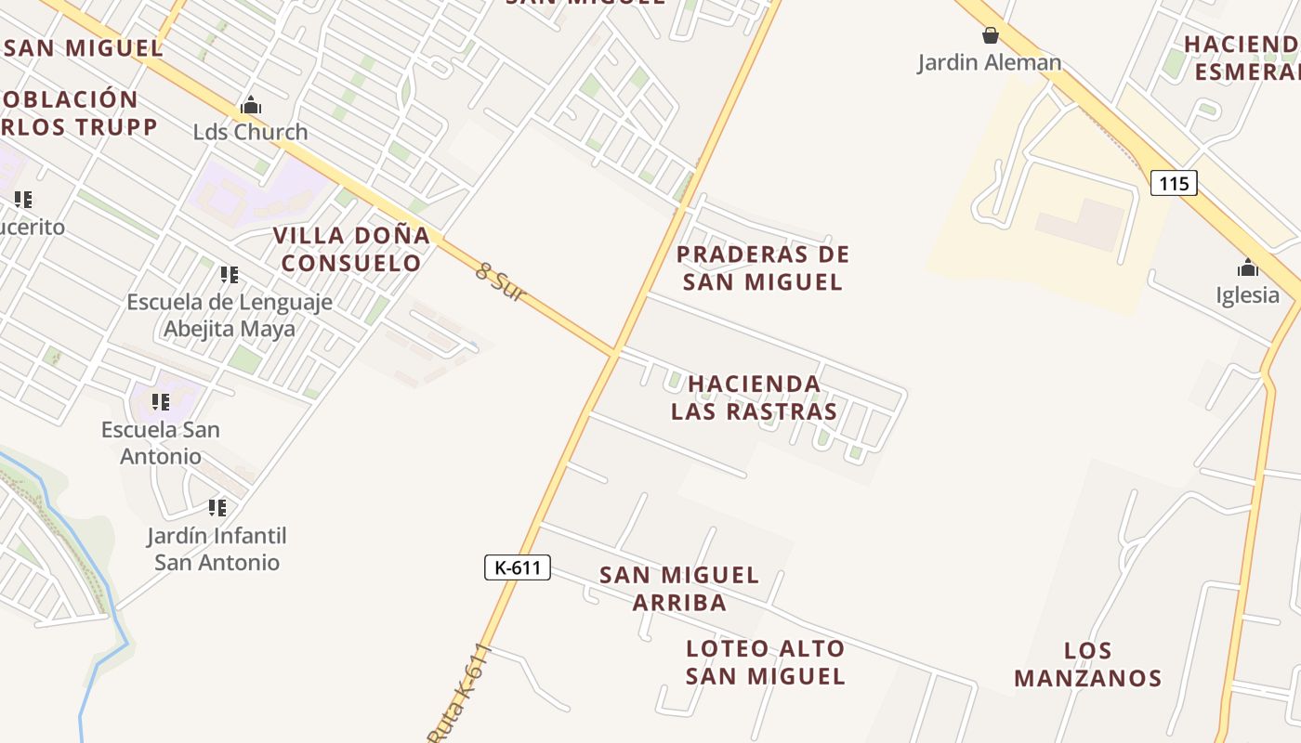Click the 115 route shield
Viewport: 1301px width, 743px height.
[x=1174, y=183]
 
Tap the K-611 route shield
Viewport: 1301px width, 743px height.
[x=518, y=567]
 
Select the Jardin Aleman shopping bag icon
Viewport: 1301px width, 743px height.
[x=991, y=35]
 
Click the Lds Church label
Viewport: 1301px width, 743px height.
[x=250, y=132]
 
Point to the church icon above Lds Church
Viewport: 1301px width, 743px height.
[x=250, y=106]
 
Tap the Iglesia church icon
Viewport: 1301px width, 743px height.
[x=1247, y=268]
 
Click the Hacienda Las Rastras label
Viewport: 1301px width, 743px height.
[x=755, y=398]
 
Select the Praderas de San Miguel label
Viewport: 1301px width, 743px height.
[x=763, y=267]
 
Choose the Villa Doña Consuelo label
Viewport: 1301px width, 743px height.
[x=351, y=249]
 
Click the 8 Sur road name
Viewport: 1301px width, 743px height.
[x=501, y=283]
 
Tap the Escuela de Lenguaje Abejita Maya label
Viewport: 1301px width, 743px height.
[x=230, y=315]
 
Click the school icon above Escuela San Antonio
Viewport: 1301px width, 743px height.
[x=161, y=402]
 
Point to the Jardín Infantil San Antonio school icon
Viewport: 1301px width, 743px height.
[x=217, y=508]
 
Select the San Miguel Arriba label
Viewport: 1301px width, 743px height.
[x=679, y=588]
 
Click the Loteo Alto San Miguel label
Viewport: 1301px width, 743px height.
[x=766, y=662]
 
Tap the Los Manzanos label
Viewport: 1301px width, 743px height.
[x=1087, y=664]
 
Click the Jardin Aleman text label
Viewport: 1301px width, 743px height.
[x=990, y=63]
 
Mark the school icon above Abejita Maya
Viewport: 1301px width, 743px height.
[x=229, y=275]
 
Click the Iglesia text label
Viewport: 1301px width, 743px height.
[x=1248, y=295]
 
